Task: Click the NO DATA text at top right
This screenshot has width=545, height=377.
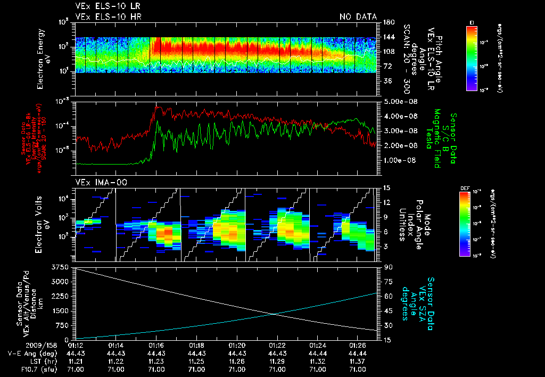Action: [358, 17]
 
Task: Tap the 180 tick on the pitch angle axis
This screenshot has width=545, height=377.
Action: [387, 22]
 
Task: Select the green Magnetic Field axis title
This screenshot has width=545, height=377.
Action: [437, 140]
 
